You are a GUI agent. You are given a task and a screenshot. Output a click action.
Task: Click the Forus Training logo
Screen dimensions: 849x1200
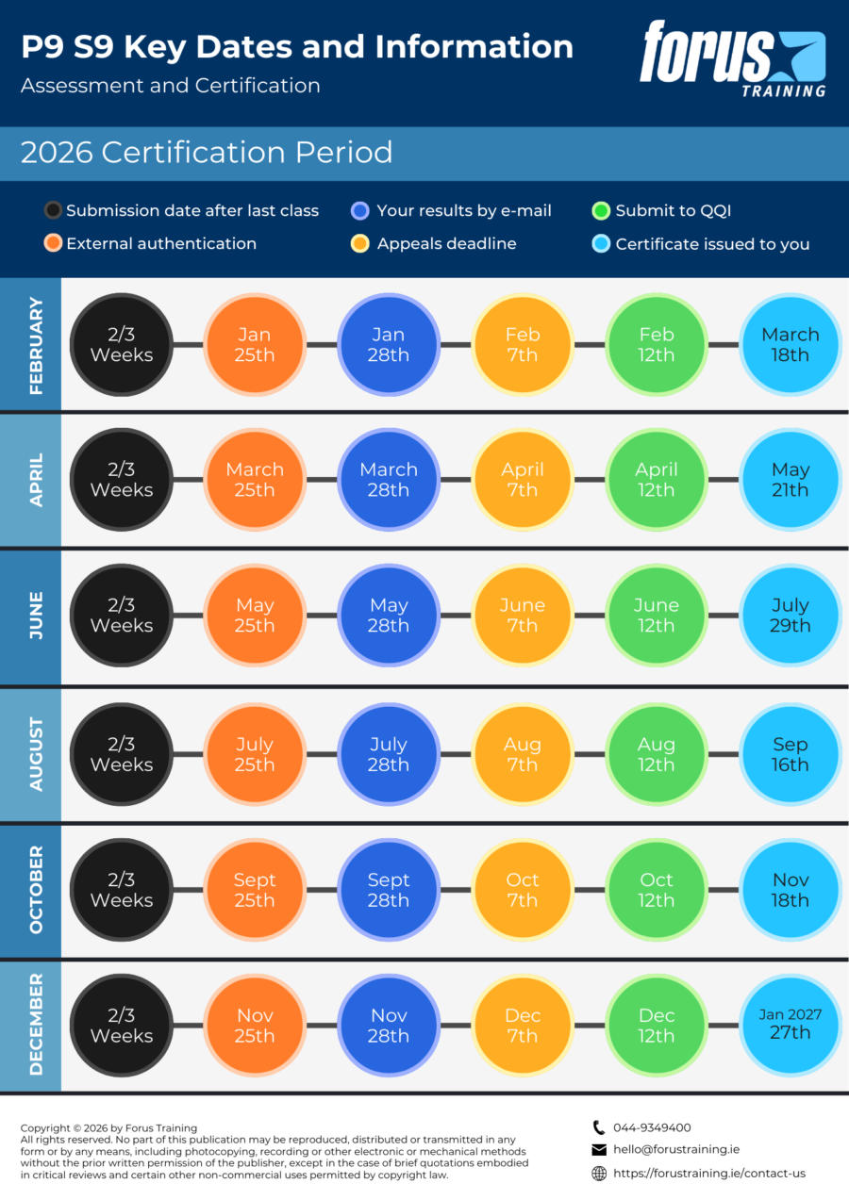coord(732,59)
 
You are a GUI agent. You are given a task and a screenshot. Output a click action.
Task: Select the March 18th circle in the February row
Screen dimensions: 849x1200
coord(791,344)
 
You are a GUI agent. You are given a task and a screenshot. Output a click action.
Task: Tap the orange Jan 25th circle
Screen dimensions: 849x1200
coord(255,344)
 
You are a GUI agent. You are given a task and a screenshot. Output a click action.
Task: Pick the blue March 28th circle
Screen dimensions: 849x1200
coord(389,480)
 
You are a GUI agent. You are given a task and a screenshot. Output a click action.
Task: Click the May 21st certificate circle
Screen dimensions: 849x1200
coord(791,480)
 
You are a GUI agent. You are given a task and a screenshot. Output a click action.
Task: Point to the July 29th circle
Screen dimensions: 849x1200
coord(791,615)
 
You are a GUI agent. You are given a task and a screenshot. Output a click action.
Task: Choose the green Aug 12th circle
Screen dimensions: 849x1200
coord(657,754)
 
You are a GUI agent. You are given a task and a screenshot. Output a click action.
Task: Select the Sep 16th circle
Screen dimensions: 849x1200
coord(791,754)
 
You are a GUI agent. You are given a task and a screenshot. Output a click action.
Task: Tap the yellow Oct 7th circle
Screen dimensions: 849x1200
coord(523,890)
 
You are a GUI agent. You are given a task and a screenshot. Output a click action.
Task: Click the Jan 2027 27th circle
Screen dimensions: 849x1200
coord(791,1026)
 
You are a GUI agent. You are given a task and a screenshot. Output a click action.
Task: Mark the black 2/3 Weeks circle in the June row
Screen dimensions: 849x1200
coord(122,615)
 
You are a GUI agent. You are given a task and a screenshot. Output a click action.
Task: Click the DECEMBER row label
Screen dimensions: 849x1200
coord(36,1025)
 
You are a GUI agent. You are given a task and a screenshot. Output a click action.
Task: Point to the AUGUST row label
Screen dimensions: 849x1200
coord(36,754)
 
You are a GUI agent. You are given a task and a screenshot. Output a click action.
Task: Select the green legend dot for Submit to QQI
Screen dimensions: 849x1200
coord(601,210)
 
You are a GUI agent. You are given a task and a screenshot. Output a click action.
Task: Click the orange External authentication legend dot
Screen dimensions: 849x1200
coord(53,243)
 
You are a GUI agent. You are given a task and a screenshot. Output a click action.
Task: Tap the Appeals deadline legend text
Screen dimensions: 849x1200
coord(446,244)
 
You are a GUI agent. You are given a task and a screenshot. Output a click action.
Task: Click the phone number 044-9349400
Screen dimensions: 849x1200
coord(652,1127)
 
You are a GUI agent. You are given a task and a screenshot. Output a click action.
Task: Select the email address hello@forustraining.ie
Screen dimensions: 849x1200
coord(676,1150)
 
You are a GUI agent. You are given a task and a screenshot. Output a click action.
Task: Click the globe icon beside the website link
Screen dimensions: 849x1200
coord(599,1174)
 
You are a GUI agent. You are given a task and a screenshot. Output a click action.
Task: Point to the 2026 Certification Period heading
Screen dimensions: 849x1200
coord(207,152)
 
